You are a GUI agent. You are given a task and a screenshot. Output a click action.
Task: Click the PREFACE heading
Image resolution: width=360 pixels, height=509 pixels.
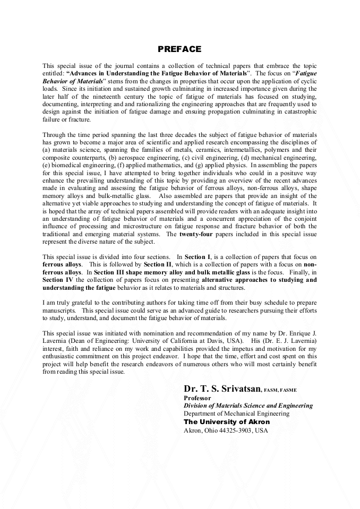[x=179, y=49]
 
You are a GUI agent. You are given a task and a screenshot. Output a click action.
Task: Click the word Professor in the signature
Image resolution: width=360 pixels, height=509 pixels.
[x=198, y=398]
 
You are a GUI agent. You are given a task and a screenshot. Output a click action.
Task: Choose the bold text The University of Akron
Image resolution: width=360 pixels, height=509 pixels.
[x=227, y=421]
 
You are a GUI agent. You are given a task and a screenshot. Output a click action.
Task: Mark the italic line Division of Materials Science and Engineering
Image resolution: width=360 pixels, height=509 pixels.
[x=248, y=406]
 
